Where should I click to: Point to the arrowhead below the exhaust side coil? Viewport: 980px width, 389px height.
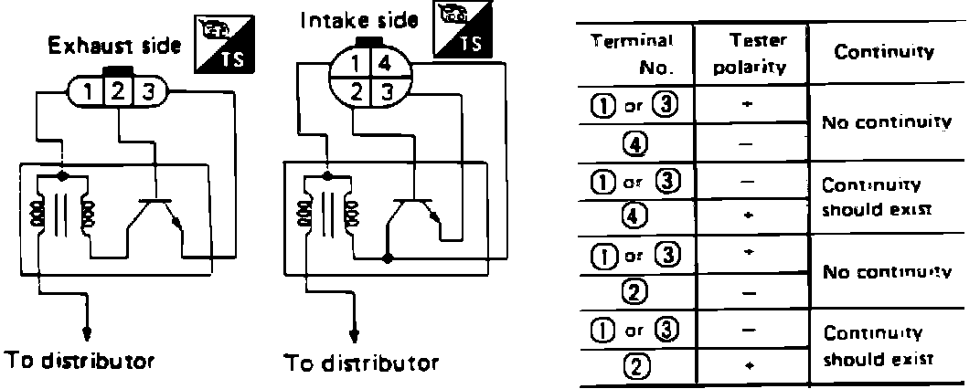pyautogui.click(x=86, y=332)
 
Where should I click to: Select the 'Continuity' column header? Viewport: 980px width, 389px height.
pyautogui.click(x=884, y=52)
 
